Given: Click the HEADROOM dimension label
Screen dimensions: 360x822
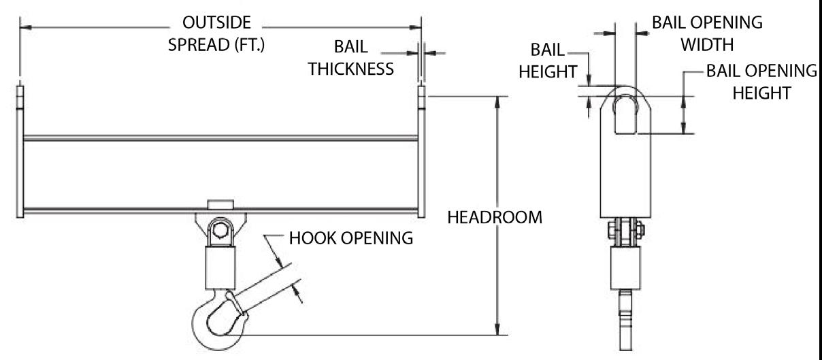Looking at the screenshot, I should click(x=494, y=218).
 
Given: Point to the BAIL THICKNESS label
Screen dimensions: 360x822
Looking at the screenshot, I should click(x=350, y=59).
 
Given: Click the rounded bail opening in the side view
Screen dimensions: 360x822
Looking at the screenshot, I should click(x=625, y=113).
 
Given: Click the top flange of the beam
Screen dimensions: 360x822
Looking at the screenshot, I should click(x=220, y=137).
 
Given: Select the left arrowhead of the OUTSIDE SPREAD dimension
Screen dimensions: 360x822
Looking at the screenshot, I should click(x=24, y=27).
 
